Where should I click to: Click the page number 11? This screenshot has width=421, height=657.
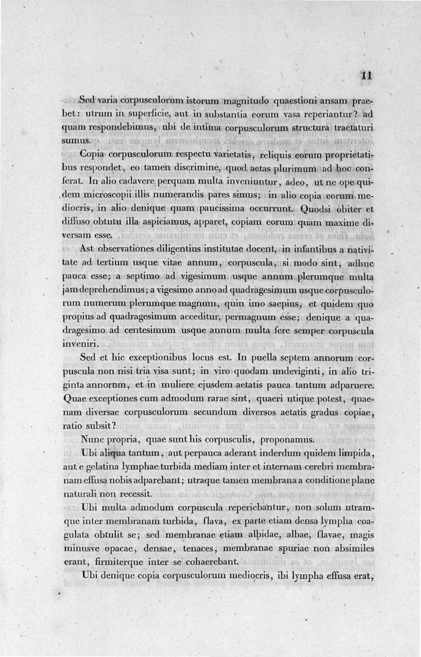point(366,75)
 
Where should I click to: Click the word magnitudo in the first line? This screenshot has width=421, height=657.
point(246,101)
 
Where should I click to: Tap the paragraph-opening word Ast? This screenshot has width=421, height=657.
point(88,248)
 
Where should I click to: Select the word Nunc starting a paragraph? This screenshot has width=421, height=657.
point(95,439)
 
